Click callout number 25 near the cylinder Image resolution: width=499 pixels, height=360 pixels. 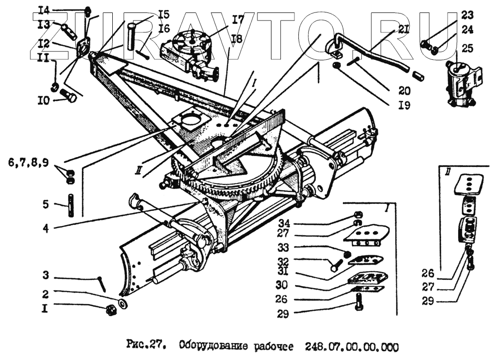tap(468, 48)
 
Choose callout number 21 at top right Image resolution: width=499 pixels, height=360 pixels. tap(404, 31)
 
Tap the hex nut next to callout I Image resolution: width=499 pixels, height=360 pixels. tap(110, 310)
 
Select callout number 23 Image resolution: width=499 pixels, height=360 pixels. tap(467, 14)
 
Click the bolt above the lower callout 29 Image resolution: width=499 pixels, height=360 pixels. tap(358, 300)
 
